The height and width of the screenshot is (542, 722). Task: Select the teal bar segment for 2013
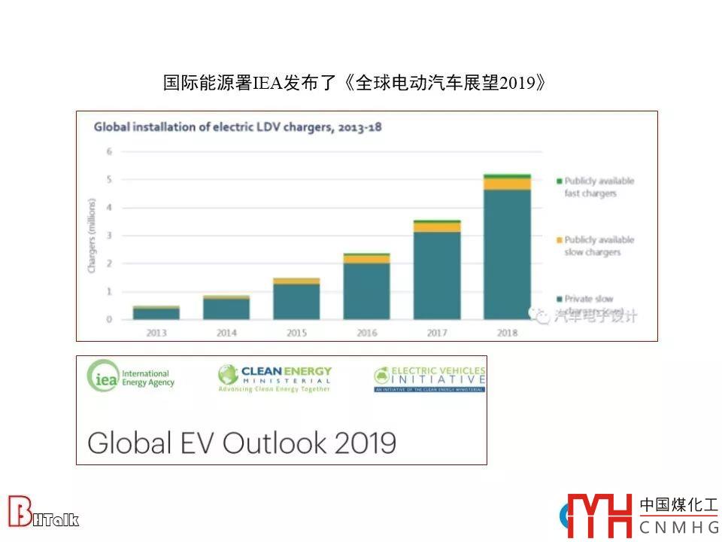point(156,314)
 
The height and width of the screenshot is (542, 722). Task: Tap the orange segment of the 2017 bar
point(437,227)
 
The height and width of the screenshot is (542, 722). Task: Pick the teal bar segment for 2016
point(366,291)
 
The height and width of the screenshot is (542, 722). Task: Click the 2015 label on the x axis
point(296,333)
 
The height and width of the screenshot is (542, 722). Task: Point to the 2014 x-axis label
point(226,333)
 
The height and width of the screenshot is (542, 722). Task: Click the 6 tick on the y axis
point(109,151)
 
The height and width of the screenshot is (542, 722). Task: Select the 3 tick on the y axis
point(109,236)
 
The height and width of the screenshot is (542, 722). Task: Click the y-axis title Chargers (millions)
point(93,235)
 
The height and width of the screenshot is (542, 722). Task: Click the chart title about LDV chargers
point(237,127)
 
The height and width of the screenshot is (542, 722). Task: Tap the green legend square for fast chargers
point(559,181)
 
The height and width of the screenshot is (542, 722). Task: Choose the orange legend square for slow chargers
point(559,240)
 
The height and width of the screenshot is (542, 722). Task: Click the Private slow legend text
point(589,300)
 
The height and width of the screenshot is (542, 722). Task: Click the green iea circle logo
point(103,376)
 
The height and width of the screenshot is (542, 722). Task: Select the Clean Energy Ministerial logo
point(275,379)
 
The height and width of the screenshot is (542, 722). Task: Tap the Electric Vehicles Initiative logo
point(429,379)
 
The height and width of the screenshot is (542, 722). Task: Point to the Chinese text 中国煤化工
point(678,505)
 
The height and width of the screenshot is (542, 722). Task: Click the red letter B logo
point(20,511)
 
